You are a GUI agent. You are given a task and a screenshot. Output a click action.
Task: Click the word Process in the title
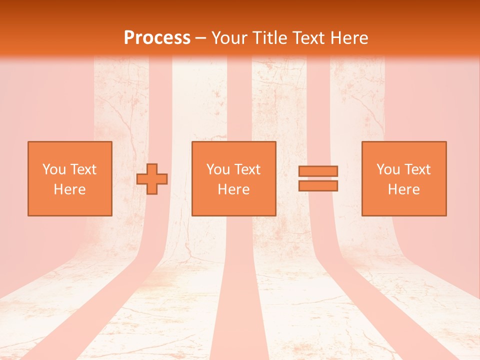(x=157, y=37)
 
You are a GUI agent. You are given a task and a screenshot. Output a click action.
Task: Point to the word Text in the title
(x=310, y=37)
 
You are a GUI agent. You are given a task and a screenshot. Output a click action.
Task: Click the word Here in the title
(x=350, y=37)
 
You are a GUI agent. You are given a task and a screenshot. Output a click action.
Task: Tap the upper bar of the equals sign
(x=318, y=171)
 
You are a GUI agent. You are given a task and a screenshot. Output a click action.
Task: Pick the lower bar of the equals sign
(x=318, y=185)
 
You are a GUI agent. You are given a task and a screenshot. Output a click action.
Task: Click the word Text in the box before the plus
(x=83, y=169)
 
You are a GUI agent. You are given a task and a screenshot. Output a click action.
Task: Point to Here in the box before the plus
(x=70, y=189)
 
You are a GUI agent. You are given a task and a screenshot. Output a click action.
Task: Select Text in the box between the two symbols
(x=247, y=169)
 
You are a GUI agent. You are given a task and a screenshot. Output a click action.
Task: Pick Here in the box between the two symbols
(x=233, y=189)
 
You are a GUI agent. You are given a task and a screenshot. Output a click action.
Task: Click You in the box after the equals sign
(x=388, y=169)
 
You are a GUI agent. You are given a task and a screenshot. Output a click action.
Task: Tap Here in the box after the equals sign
(x=404, y=189)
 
